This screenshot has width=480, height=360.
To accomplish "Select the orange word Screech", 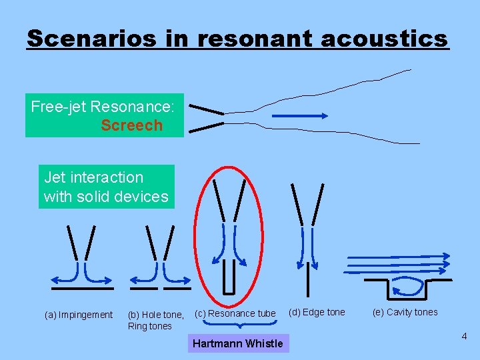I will [x=131, y=125].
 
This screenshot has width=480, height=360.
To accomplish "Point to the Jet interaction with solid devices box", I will [x=106, y=187].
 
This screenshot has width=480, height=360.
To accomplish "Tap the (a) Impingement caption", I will [x=79, y=315].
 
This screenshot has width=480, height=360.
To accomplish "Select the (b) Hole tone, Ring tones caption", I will [x=155, y=320].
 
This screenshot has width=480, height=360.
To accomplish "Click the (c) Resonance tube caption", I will [x=235, y=313].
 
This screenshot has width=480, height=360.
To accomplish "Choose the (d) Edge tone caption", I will [x=317, y=312].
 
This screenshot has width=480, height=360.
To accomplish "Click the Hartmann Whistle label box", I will [x=237, y=343].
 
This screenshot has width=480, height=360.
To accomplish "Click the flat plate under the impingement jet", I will [x=83, y=289].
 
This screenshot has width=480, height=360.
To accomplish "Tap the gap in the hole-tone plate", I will [x=160, y=289].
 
